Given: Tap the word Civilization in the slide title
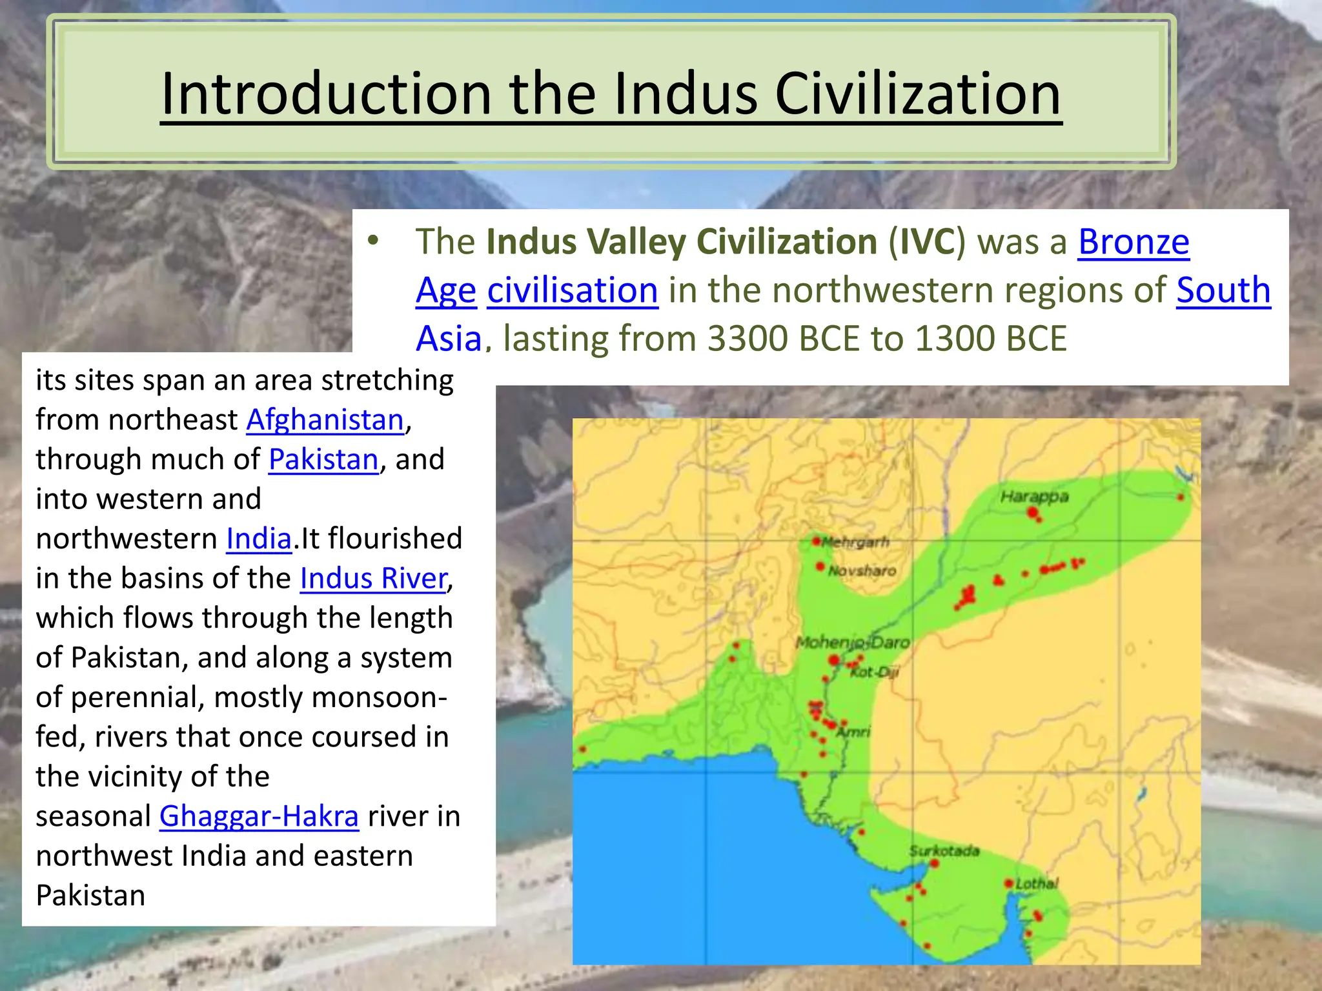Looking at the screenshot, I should pos(917,94).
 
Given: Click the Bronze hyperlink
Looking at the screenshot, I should pos(1134,243).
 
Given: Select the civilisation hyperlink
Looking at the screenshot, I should pos(573,290).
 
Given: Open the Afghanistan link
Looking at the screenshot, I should pos(325,420).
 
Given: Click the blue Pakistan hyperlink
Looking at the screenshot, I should pos(323,460).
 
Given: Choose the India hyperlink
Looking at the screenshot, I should pos(259,539).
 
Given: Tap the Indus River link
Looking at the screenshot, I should pos(374,579).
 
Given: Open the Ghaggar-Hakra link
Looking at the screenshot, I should pos(259,817).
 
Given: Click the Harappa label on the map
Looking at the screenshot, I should pos(1034,497).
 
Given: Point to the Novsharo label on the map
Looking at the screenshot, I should pos(862,571).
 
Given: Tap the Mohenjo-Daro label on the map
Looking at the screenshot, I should pos(852,643).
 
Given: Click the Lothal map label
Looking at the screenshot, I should pos(1037,884).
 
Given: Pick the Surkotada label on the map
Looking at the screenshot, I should pos(944,851).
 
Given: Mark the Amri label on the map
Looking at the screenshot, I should pos(854,732).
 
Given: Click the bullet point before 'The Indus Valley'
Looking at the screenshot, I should pos(372,242).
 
